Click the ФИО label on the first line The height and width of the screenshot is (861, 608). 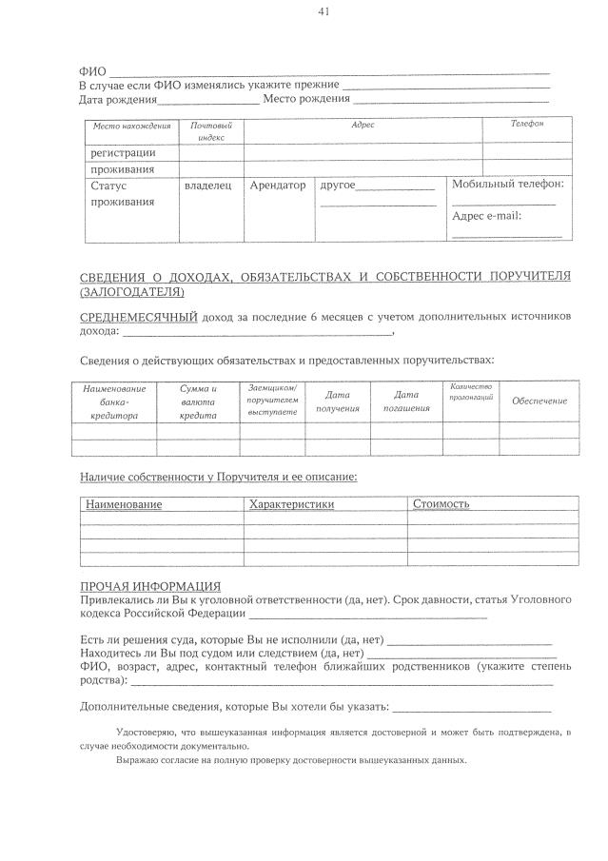92,72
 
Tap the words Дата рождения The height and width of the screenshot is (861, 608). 117,99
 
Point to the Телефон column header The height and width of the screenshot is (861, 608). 526,125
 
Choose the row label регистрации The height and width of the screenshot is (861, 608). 123,152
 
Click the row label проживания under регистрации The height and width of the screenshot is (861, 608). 122,169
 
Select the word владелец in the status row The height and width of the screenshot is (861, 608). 207,186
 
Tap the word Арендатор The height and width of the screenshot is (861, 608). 277,186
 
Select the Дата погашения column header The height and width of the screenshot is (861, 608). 406,401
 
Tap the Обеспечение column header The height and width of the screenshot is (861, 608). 539,401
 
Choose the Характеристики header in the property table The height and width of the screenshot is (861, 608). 291,504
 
